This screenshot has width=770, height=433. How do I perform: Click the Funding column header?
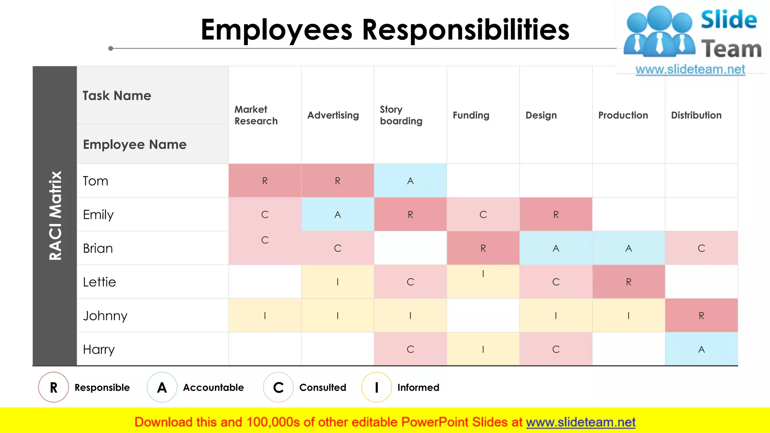pyautogui.click(x=471, y=115)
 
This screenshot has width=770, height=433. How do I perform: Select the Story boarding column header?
pyautogui.click(x=401, y=115)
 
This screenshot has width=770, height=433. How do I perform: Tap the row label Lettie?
pyautogui.click(x=99, y=282)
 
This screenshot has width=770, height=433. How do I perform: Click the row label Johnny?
pyautogui.click(x=105, y=316)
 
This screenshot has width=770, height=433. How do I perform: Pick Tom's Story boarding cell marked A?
pyautogui.click(x=410, y=181)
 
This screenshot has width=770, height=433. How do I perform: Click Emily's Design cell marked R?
pyautogui.click(x=556, y=214)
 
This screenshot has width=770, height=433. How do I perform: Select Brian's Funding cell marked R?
pyautogui.click(x=483, y=248)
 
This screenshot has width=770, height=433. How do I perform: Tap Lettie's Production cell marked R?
pyautogui.click(x=629, y=282)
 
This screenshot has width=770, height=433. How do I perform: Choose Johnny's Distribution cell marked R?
pyautogui.click(x=701, y=316)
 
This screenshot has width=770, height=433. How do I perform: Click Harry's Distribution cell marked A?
pyautogui.click(x=701, y=349)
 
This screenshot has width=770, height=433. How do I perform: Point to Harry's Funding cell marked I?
pyautogui.click(x=483, y=349)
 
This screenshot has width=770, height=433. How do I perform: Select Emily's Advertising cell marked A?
pyautogui.click(x=338, y=214)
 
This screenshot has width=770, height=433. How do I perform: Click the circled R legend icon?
pyautogui.click(x=53, y=387)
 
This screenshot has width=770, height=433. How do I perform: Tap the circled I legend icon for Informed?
pyautogui.click(x=376, y=387)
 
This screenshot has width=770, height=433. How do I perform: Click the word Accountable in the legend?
pyautogui.click(x=213, y=388)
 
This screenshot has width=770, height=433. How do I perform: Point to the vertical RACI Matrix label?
pyautogui.click(x=55, y=216)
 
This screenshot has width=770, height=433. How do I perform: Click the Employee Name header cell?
pyautogui.click(x=135, y=144)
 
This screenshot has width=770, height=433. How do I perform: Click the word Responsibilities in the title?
pyautogui.click(x=465, y=30)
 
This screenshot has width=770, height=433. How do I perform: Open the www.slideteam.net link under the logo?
pyautogui.click(x=690, y=69)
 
